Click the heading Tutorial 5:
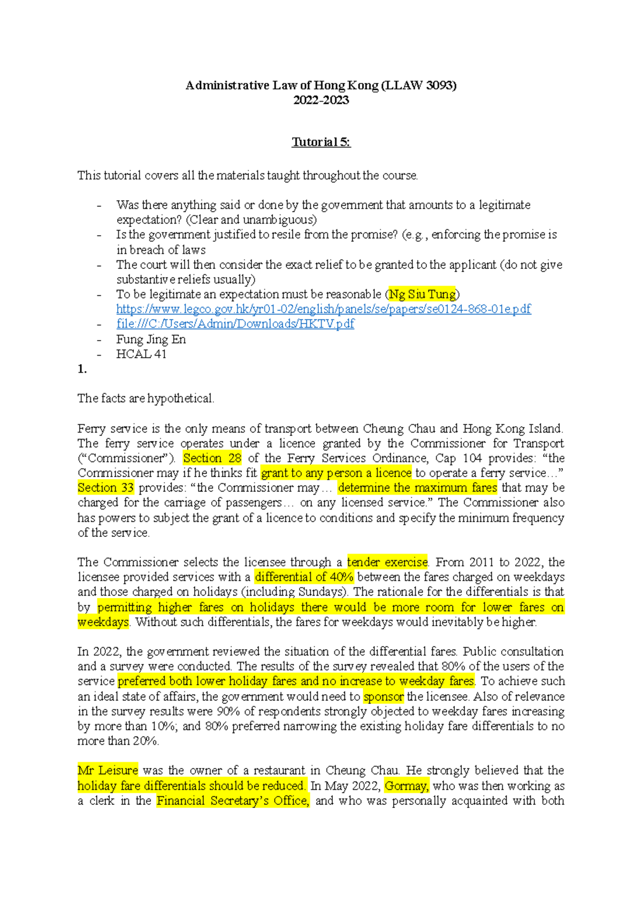[x=321, y=142]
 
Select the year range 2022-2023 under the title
[x=321, y=100]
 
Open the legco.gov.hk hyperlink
[x=324, y=309]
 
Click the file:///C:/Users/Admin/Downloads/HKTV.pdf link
[x=235, y=324]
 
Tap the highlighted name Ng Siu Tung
[x=422, y=295]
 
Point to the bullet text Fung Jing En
[x=151, y=340]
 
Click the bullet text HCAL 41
[x=141, y=354]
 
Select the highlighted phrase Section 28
[x=212, y=458]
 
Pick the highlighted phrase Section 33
[x=105, y=488]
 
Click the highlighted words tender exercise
[x=387, y=562]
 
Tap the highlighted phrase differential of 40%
[x=304, y=577]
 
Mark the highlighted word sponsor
[x=384, y=697]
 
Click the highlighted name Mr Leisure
[x=108, y=771]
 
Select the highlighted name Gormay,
[x=407, y=786]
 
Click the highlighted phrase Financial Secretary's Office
[x=233, y=801]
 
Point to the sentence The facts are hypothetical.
[x=146, y=398]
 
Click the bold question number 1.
[x=82, y=369]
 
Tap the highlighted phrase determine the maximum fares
[x=417, y=488]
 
